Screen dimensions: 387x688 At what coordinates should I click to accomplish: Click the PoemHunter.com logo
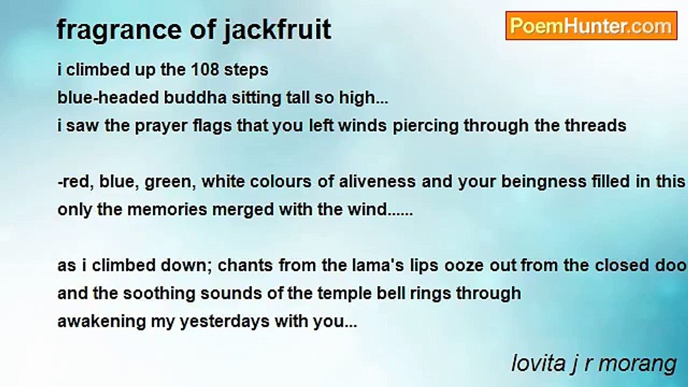point(591,26)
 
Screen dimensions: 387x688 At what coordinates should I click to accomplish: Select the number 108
point(207,70)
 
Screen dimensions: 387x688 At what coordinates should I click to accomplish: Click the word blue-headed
point(100,98)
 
